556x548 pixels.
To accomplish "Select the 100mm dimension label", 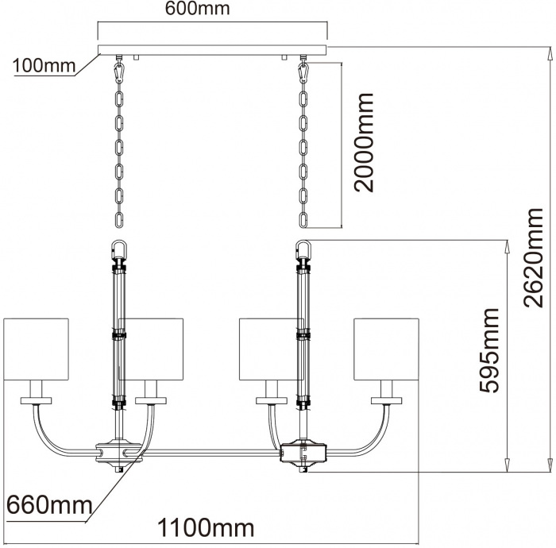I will pos(41,66).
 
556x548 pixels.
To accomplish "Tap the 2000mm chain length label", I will pos(365,143).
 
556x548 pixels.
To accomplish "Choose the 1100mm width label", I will pos(206,527).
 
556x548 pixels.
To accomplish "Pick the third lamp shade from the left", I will pos(268,349).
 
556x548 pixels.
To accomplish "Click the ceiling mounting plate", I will pos(213,50).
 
